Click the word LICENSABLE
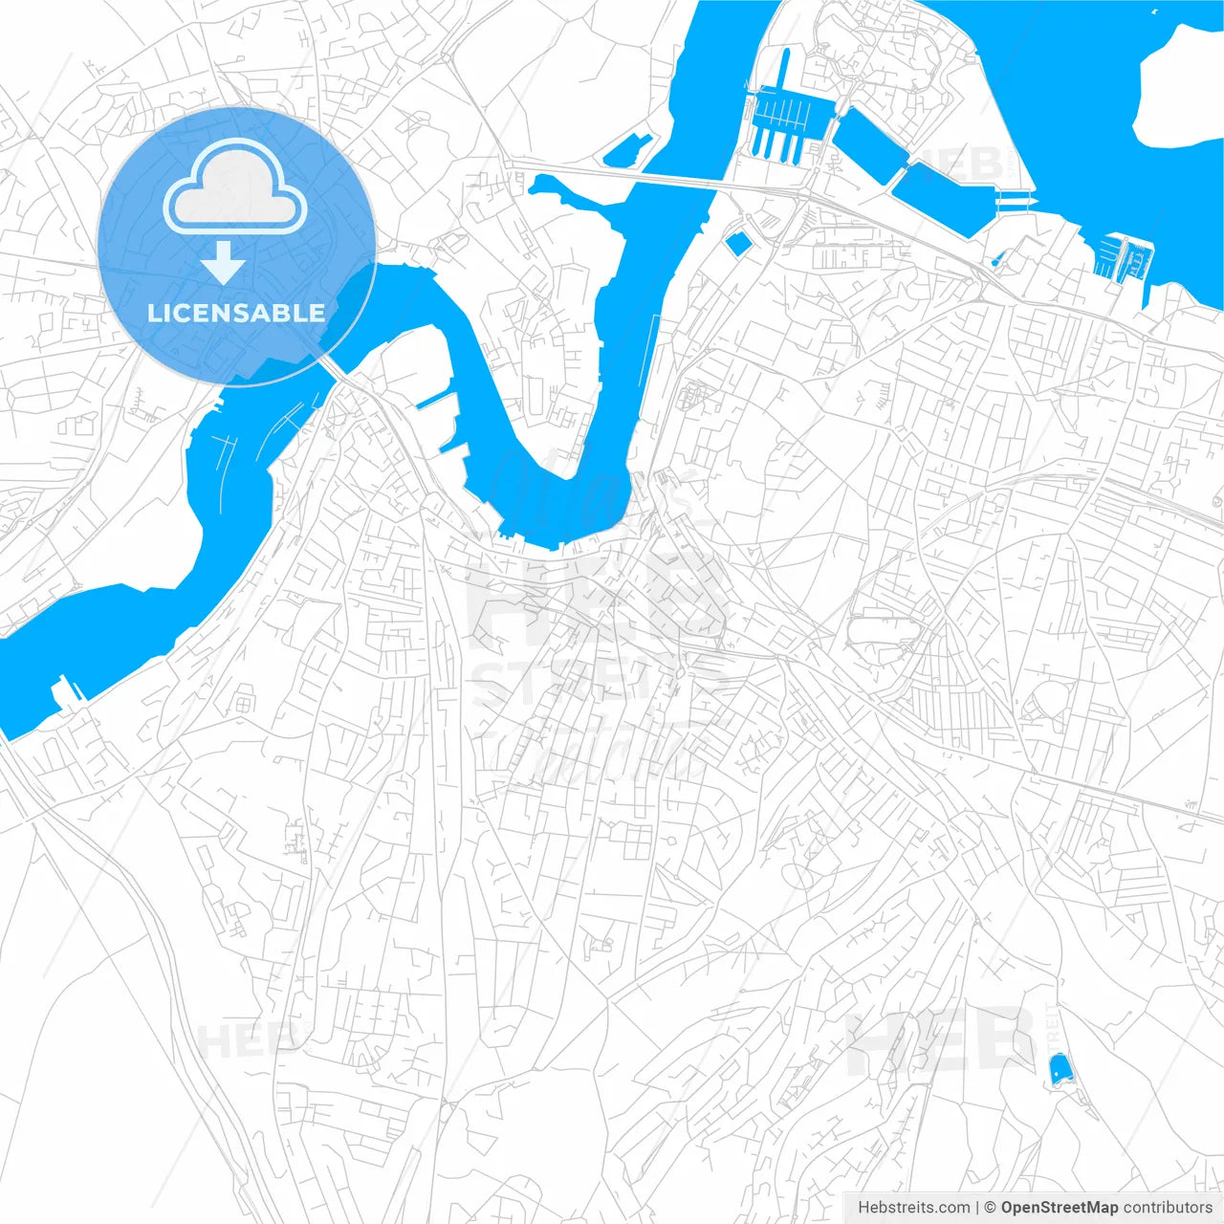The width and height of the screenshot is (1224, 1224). (236, 313)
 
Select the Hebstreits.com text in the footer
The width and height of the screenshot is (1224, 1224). (913, 1208)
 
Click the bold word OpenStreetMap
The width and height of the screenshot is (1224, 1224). (1059, 1208)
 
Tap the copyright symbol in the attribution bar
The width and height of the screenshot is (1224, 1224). (990, 1208)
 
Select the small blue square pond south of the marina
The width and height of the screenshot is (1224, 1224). (737, 243)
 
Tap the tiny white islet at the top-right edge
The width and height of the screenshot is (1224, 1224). (1155, 11)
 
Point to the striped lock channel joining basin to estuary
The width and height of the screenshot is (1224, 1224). (1015, 199)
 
